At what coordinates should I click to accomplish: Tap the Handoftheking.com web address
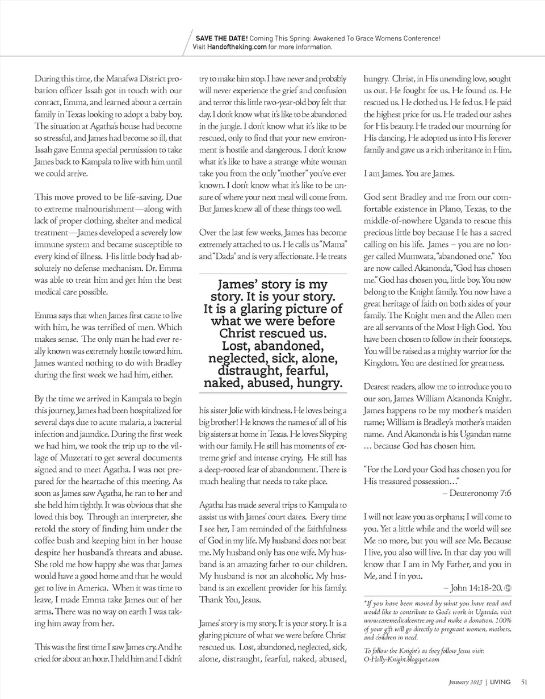[237, 47]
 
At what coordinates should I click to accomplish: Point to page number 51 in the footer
[524, 682]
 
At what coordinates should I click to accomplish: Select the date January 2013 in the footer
[463, 682]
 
